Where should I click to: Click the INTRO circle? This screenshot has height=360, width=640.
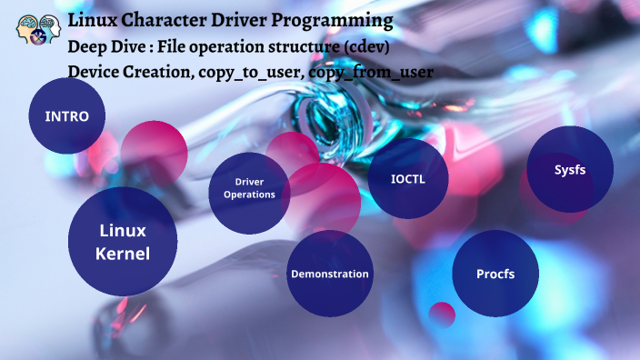66,115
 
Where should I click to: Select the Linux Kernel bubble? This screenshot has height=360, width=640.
122,242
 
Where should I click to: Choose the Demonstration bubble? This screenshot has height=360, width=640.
329,274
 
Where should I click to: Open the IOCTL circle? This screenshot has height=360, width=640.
407,178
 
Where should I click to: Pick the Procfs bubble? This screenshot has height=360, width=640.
495,274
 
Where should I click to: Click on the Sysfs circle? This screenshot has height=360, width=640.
570,169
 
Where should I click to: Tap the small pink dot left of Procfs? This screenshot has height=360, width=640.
442,314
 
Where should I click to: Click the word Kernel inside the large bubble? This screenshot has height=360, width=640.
122,254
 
